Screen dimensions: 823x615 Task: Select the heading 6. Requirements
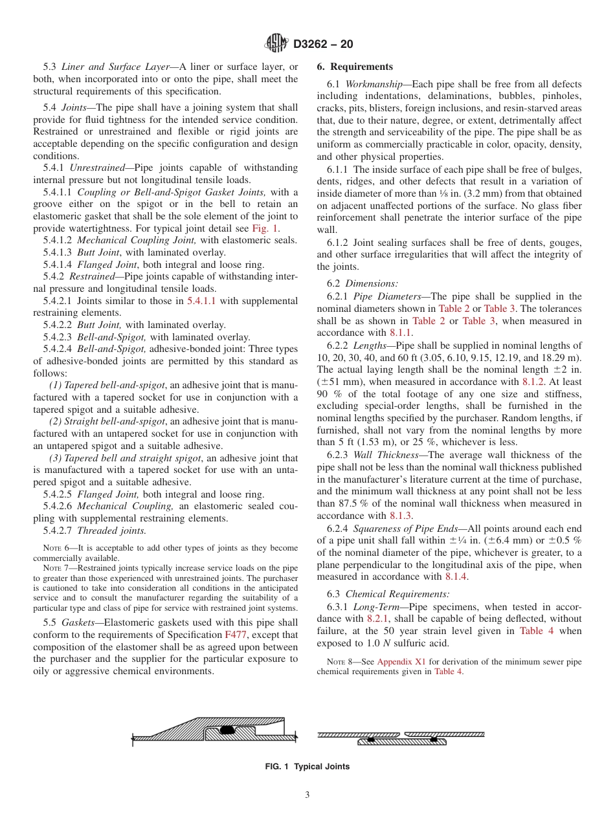[x=354, y=67]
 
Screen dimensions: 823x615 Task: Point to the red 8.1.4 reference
[x=456, y=576]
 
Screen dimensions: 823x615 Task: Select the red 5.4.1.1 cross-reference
[x=202, y=301]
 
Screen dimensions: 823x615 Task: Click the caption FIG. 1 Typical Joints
[x=307, y=767]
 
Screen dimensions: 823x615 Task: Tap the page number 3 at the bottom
[x=307, y=796]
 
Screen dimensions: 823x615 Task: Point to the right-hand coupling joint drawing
[x=401, y=738]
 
